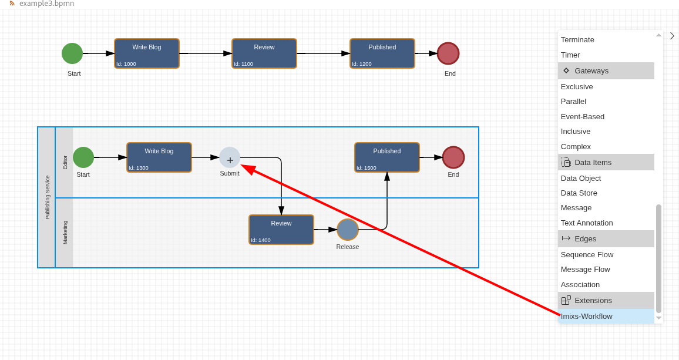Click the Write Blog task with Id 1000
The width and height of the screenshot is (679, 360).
pos(147,53)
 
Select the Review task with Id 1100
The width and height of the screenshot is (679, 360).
pos(264,53)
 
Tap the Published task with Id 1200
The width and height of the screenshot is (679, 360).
pos(382,53)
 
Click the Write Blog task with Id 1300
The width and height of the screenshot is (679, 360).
pos(159,157)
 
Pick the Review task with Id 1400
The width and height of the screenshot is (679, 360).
pos(281,230)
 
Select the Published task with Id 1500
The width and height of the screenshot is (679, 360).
pos(387,157)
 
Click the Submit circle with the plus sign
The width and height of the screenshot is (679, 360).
pos(230,157)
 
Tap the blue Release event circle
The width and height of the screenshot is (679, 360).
pos(348,230)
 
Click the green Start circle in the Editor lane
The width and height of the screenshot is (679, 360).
pos(83,157)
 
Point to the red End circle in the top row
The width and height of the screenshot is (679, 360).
pos(448,53)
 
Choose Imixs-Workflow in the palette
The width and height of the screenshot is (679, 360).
pos(587,317)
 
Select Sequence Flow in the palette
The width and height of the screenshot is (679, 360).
pos(587,255)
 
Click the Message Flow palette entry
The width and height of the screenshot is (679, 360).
pos(586,270)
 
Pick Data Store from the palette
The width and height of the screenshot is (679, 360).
pos(579,193)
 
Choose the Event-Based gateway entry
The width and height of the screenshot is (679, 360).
pos(583,117)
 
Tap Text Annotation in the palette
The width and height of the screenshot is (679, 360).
pos(587,223)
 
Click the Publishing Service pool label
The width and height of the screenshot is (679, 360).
pos(47,197)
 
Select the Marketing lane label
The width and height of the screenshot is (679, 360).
pos(65,233)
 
